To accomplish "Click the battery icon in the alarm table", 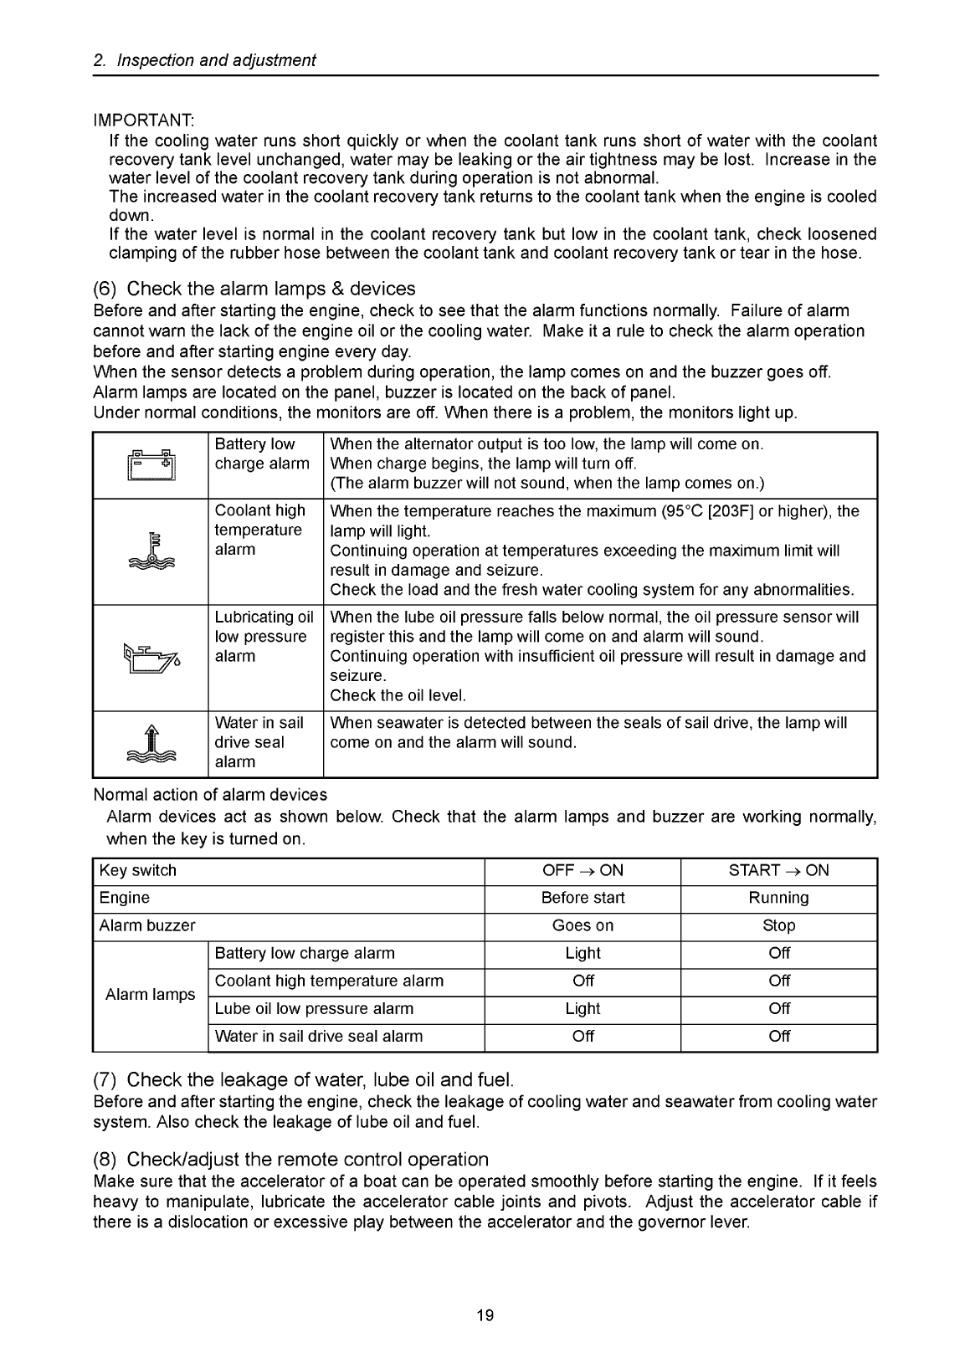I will click(x=151, y=464).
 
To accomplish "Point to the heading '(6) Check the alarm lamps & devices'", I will click(x=254, y=289).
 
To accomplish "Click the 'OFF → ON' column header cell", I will click(x=583, y=870).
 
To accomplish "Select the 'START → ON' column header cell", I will click(x=778, y=870).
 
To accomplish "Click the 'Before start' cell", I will click(x=583, y=898).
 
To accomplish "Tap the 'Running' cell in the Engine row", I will click(x=778, y=898).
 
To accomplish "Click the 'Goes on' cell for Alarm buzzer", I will click(x=583, y=925).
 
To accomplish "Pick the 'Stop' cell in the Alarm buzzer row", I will click(x=778, y=925).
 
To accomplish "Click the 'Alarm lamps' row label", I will click(x=150, y=995).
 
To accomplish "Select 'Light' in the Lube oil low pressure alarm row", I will click(x=583, y=1008).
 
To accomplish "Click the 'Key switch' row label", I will click(x=138, y=870).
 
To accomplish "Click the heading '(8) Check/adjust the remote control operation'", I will click(x=291, y=1160).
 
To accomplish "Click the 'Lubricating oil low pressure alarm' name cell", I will click(x=264, y=637).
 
